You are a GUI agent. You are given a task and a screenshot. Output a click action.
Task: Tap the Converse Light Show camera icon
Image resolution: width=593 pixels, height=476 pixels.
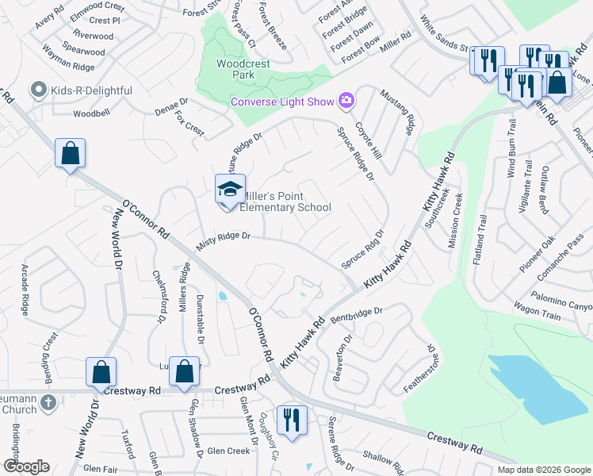346,101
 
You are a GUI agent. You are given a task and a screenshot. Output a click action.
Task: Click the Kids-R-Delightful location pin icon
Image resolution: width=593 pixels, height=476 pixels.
37,90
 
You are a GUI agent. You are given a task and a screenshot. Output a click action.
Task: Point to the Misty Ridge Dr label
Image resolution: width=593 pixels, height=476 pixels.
223,236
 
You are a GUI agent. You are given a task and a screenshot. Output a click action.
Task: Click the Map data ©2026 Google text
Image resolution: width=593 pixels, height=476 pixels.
543,470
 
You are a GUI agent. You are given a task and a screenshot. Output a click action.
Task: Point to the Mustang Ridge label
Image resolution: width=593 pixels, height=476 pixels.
396,111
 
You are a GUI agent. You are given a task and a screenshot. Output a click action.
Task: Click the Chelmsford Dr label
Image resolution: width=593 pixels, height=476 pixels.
159,295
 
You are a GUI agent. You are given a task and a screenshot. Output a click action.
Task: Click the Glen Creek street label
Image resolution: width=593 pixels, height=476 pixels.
228,451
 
